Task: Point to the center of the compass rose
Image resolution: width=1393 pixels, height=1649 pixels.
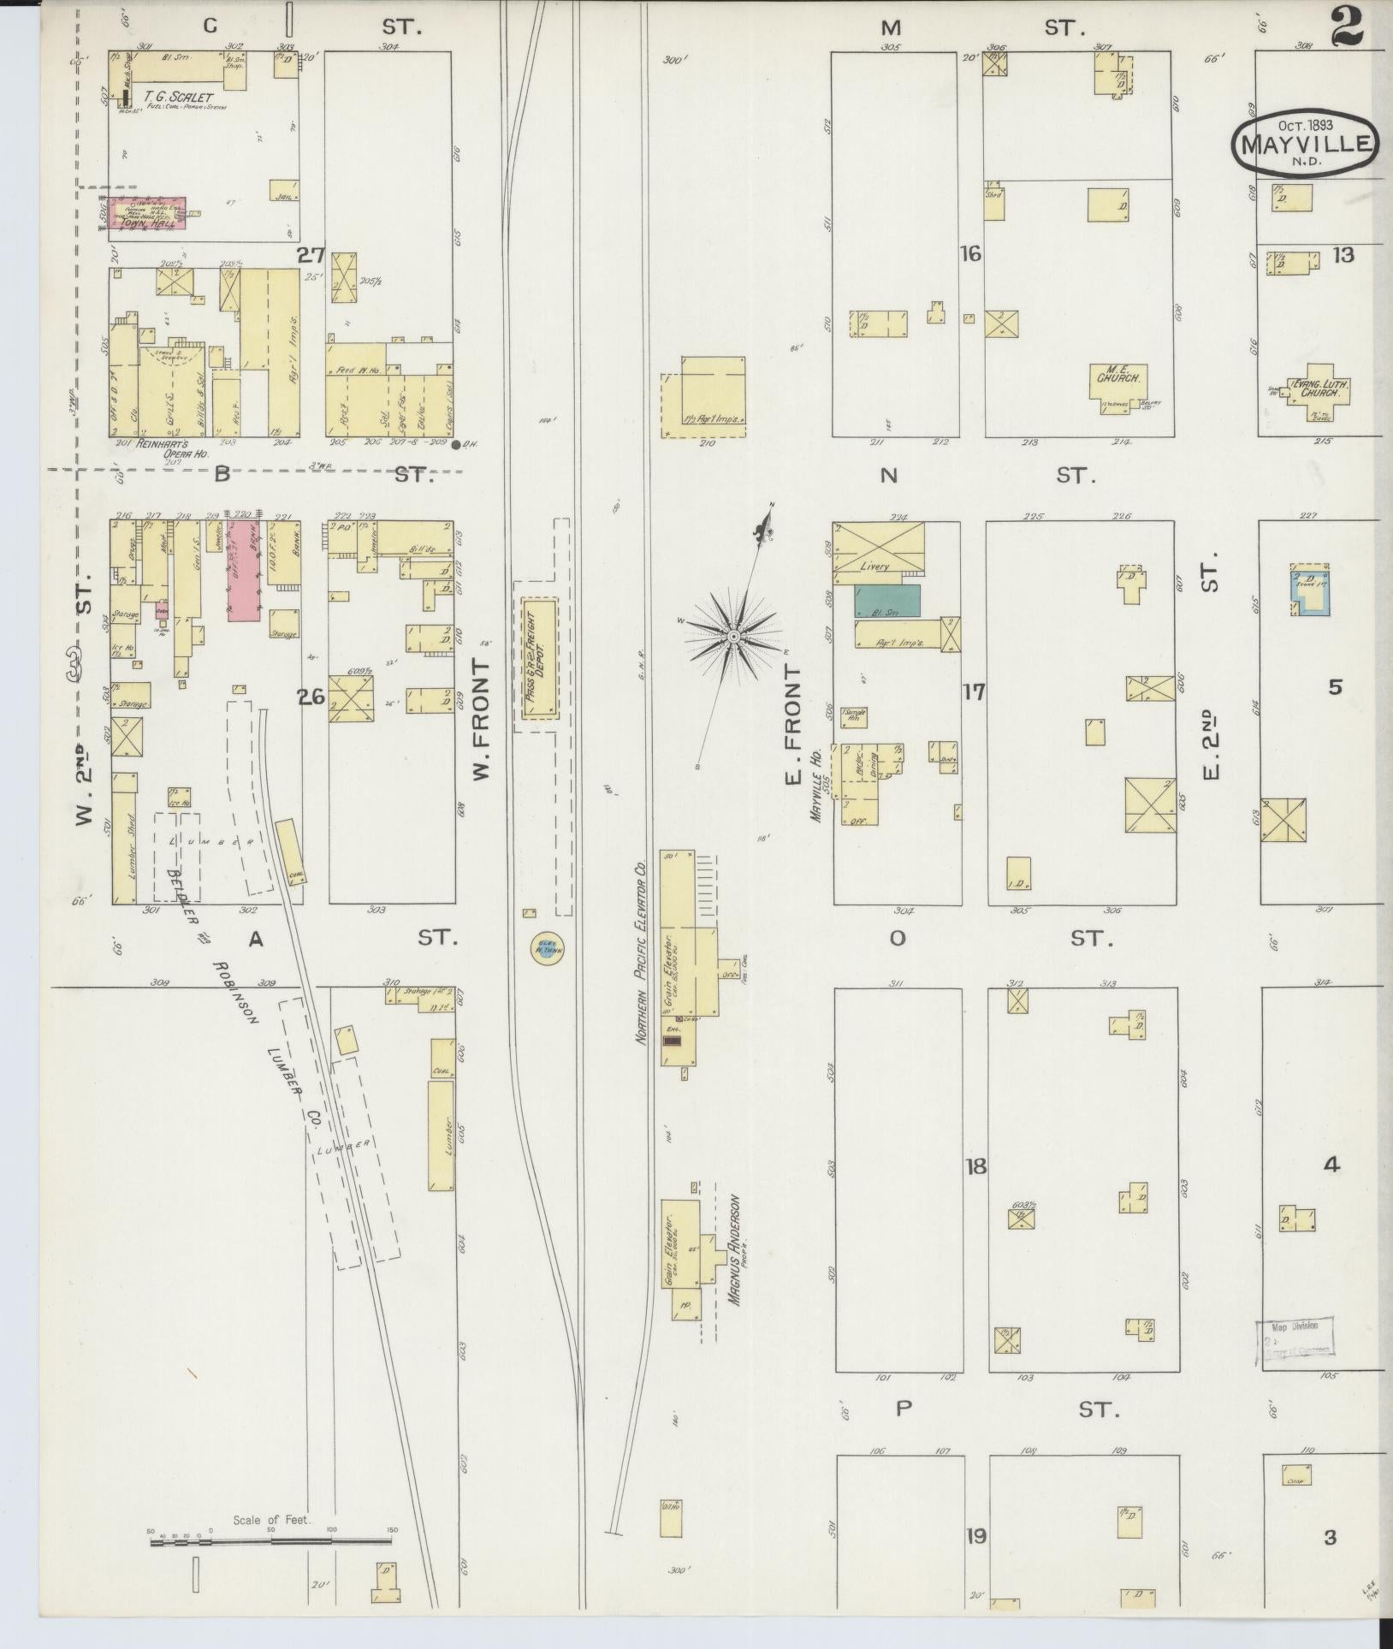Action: (733, 638)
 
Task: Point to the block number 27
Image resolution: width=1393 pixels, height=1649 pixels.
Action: (311, 254)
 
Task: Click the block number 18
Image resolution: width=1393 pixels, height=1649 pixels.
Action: (975, 1166)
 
